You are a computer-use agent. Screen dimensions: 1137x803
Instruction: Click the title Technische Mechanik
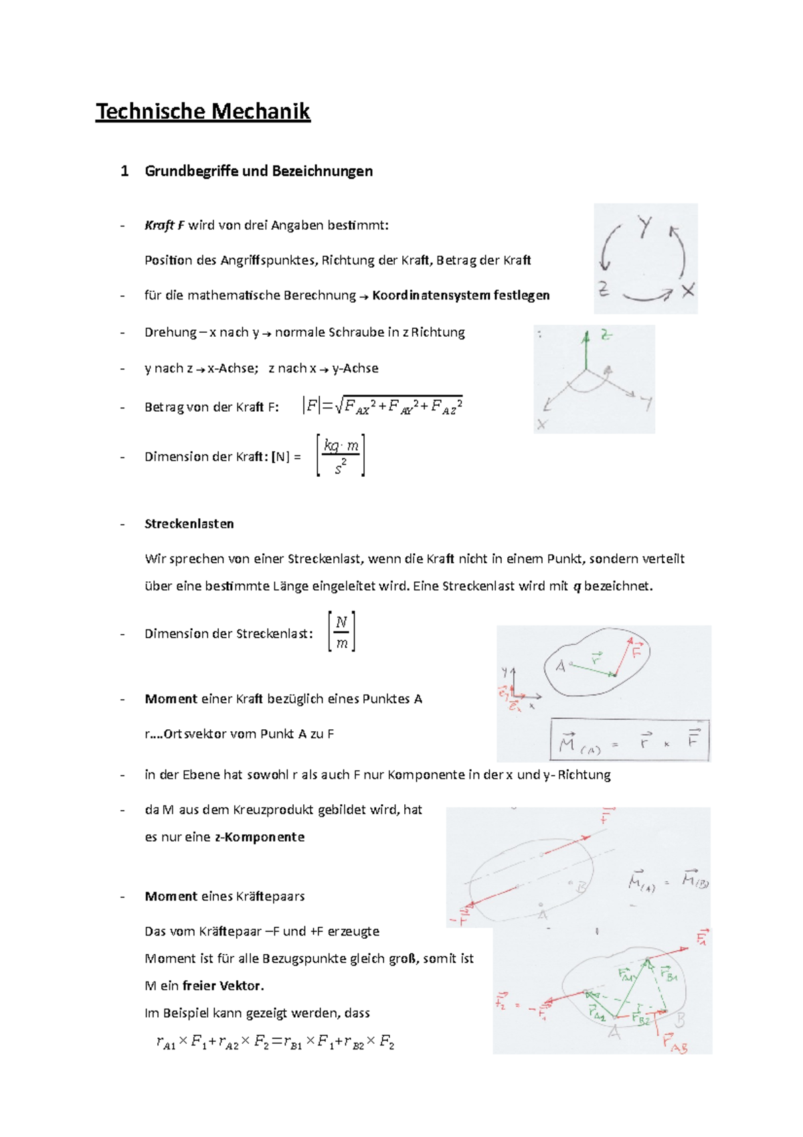[203, 111]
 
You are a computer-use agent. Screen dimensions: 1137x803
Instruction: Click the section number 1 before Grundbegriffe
[124, 171]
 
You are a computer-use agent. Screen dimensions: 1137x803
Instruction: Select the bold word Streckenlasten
[189, 524]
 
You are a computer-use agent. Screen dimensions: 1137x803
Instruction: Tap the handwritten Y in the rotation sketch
[644, 226]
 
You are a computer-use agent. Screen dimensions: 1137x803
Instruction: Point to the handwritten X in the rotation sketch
[688, 291]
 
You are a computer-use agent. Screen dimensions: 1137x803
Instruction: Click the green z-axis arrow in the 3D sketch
[586, 350]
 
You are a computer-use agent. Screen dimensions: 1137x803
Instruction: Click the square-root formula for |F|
[383, 406]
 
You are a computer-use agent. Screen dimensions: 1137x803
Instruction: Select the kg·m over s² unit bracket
[341, 456]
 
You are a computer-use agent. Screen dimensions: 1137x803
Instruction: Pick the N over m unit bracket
[341, 632]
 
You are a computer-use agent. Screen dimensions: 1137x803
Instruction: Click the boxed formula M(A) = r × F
[629, 741]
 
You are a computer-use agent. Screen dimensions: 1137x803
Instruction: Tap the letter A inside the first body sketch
[561, 666]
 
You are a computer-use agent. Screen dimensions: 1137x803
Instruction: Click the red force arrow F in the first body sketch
[623, 657]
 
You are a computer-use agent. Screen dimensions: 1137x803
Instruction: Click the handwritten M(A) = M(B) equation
[668, 881]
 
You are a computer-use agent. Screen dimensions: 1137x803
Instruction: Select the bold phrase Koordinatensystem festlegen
[461, 295]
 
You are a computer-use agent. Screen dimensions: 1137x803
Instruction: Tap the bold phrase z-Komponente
[260, 837]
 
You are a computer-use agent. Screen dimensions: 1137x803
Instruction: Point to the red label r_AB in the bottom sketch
[675, 1043]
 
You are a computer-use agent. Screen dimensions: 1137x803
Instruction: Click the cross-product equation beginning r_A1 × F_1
[275, 1042]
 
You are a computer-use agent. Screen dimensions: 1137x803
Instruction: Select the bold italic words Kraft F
[164, 225]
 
